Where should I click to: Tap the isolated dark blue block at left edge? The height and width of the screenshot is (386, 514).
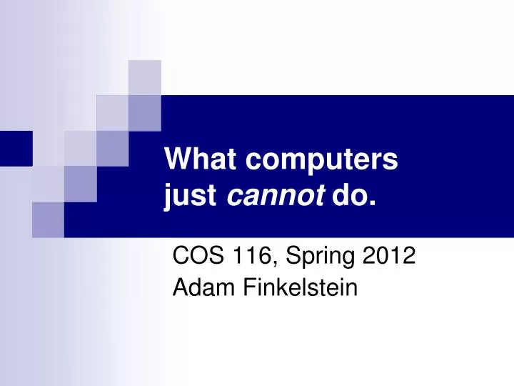coord(15,149)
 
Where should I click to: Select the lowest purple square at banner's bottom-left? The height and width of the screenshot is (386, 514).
coord(48,219)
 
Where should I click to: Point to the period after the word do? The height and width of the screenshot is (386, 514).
coord(373,201)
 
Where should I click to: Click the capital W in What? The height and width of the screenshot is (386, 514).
coord(178,159)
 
